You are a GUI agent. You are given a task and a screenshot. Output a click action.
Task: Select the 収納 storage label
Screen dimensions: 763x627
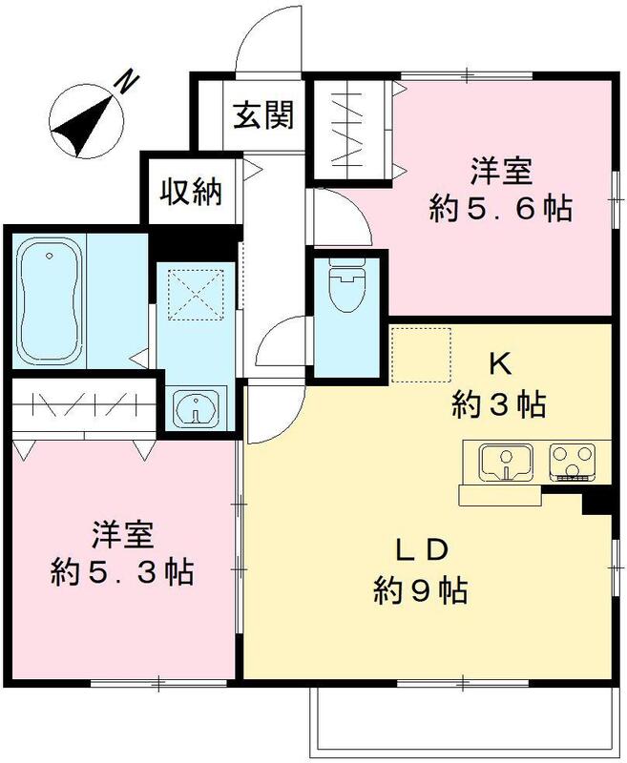[x=189, y=192]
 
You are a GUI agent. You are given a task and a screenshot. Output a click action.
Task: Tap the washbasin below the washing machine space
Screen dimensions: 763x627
[x=198, y=409]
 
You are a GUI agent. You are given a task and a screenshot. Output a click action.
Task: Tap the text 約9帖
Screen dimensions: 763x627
[x=420, y=592]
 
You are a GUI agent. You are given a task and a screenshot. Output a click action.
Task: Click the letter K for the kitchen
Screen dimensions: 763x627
[x=498, y=362]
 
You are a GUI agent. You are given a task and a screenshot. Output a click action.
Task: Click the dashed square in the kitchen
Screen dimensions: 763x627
[x=420, y=354]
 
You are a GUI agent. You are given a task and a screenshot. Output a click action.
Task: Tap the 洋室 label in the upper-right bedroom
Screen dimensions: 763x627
[x=500, y=172]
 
